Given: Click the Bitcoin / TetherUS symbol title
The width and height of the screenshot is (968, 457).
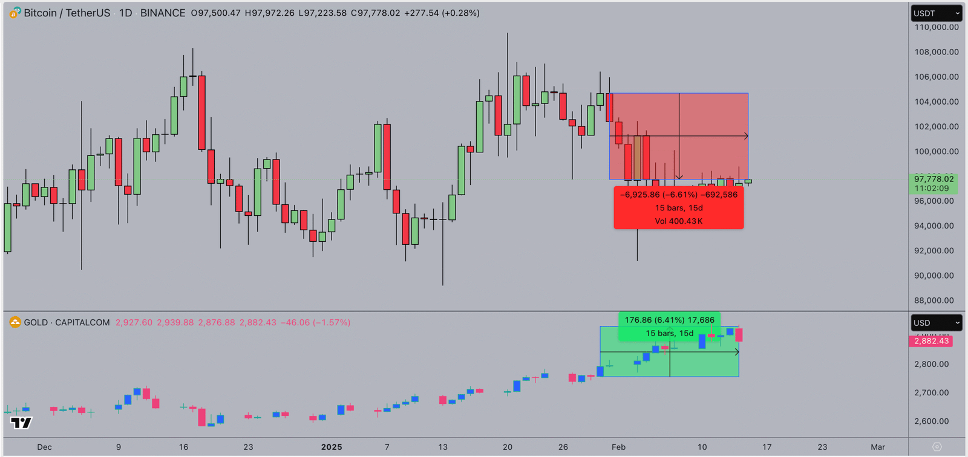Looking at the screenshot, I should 67,13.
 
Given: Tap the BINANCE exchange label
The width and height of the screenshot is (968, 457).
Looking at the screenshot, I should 163,13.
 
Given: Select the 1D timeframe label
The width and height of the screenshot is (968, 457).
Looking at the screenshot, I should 125,13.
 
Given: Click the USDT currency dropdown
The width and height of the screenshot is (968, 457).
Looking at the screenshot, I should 936,13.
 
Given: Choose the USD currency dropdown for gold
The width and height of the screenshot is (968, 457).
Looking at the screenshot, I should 936,323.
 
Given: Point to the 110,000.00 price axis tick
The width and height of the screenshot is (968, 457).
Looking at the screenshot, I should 937,27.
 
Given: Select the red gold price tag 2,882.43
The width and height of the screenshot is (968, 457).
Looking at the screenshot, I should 931,341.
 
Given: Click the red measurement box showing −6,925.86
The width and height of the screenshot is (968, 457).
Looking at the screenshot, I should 678,208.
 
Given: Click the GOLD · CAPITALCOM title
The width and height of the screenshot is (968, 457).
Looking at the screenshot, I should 67,323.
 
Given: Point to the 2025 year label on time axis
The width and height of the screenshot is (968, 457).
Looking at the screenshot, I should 332,447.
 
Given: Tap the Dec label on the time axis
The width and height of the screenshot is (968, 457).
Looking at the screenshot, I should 44,447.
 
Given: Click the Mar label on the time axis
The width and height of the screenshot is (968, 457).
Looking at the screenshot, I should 878,447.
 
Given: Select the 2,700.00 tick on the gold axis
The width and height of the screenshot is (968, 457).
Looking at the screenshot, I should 931,393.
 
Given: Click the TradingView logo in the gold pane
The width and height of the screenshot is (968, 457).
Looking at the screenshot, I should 21,423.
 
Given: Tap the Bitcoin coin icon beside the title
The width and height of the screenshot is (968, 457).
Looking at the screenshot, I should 15,13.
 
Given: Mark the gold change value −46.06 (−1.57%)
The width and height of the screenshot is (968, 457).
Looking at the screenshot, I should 315,323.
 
